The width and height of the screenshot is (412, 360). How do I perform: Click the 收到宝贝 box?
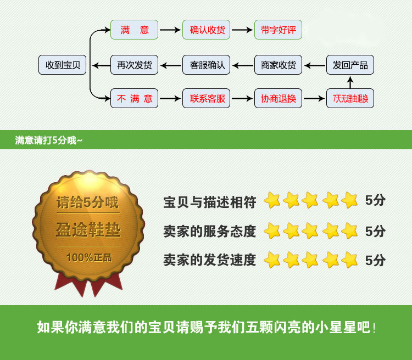click(63, 65)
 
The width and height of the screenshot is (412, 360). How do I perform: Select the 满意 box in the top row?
click(135, 30)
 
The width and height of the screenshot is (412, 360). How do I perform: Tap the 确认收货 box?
click(207, 30)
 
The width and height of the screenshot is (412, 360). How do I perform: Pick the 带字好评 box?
click(279, 30)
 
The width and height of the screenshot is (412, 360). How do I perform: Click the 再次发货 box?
click(135, 65)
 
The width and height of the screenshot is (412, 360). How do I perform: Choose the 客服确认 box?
click(207, 65)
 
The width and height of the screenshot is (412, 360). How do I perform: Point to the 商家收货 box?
click(279, 65)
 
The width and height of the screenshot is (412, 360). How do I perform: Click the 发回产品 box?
click(350, 65)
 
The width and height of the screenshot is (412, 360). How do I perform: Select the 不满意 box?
click(135, 99)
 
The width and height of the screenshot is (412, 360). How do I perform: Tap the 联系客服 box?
click(207, 99)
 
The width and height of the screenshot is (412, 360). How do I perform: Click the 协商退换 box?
click(279, 99)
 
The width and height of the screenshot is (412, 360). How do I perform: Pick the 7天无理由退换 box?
click(350, 99)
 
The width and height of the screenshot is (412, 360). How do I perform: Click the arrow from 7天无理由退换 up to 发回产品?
click(350, 82)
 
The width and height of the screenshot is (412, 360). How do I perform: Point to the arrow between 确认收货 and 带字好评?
click(242, 30)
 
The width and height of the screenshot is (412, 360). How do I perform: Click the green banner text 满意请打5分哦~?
click(49, 140)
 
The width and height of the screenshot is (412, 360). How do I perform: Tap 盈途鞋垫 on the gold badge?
click(88, 230)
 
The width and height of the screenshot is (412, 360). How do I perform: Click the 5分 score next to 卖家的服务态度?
click(376, 231)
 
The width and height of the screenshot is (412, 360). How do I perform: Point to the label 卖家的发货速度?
click(209, 260)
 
